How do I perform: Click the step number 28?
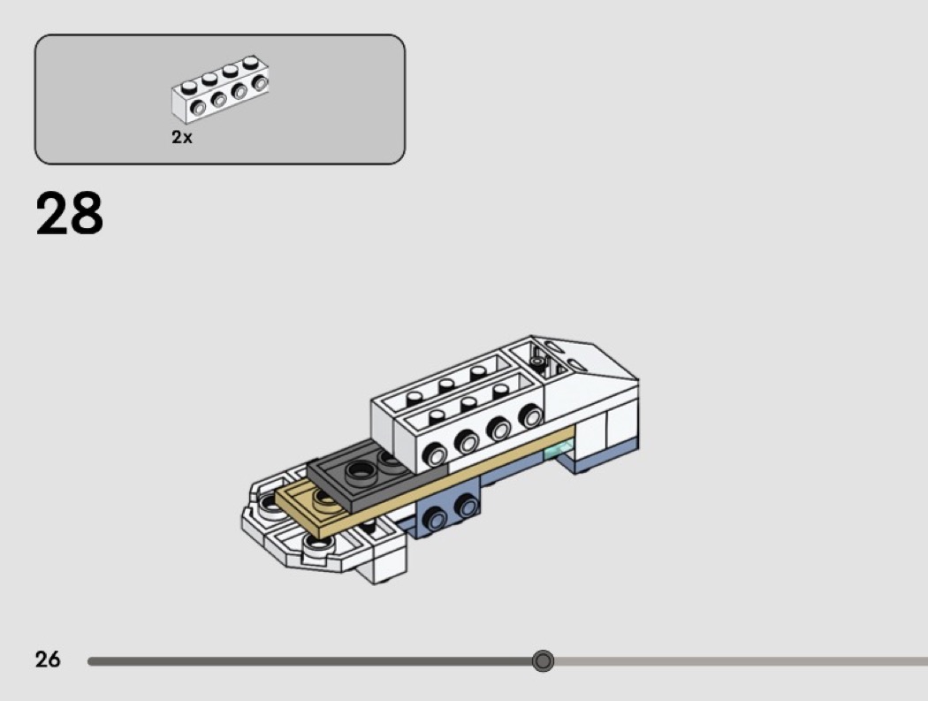click(x=69, y=213)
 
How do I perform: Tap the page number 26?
click(x=48, y=659)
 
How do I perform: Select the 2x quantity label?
click(x=182, y=137)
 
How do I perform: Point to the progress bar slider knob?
click(x=543, y=660)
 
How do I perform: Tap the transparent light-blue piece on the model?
click(x=558, y=451)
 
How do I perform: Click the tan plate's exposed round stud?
click(x=328, y=502)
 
